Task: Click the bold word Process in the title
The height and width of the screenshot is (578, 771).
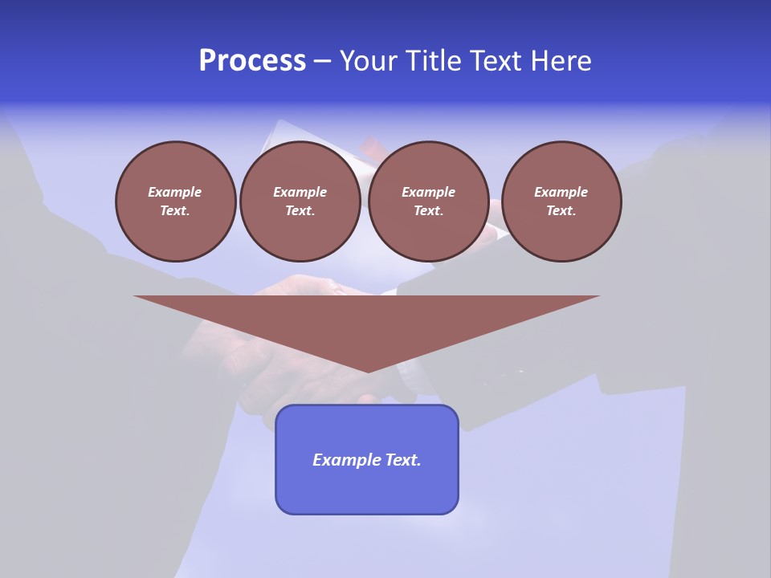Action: tap(252, 61)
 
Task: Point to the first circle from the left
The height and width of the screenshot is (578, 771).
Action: tap(176, 201)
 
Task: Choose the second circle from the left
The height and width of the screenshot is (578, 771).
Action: tap(300, 201)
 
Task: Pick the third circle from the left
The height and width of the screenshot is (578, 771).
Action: tap(429, 201)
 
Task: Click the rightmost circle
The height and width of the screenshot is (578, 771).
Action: tap(561, 201)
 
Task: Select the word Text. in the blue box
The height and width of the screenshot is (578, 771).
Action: tap(402, 460)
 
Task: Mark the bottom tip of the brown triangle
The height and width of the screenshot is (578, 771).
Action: tap(368, 371)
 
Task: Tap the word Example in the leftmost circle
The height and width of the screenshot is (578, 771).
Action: tap(175, 192)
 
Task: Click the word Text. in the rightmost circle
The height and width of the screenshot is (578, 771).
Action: tap(561, 211)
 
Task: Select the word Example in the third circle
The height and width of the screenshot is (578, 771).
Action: tap(429, 192)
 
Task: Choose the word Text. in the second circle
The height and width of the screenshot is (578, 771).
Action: tap(300, 211)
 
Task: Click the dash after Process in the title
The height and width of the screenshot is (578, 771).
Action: tap(323, 63)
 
